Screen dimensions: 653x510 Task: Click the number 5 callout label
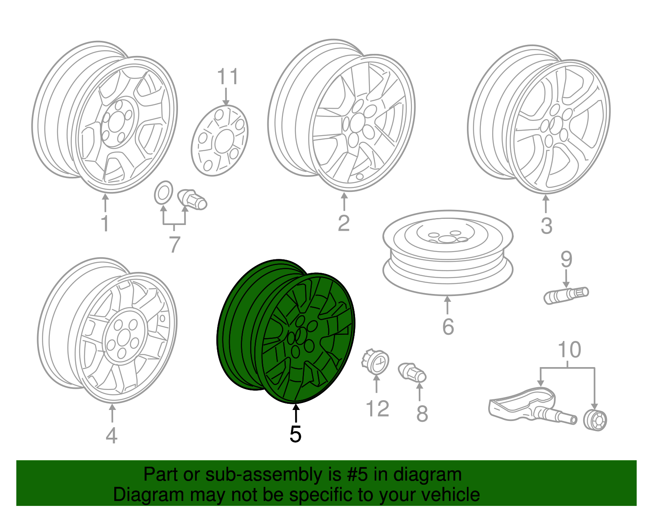(295, 434)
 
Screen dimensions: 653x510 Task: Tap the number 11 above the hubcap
(227, 77)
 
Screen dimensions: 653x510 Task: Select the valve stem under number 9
(566, 295)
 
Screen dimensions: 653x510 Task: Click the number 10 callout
(569, 350)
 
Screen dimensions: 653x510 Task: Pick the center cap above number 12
(375, 361)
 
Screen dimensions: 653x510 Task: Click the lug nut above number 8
(412, 372)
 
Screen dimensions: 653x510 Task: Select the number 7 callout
(174, 245)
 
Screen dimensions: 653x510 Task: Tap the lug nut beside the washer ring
(193, 199)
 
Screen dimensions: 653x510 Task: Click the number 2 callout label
(344, 223)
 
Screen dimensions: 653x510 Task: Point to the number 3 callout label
(546, 225)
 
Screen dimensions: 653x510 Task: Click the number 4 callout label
(111, 435)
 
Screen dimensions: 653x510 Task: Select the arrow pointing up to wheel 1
(105, 203)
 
